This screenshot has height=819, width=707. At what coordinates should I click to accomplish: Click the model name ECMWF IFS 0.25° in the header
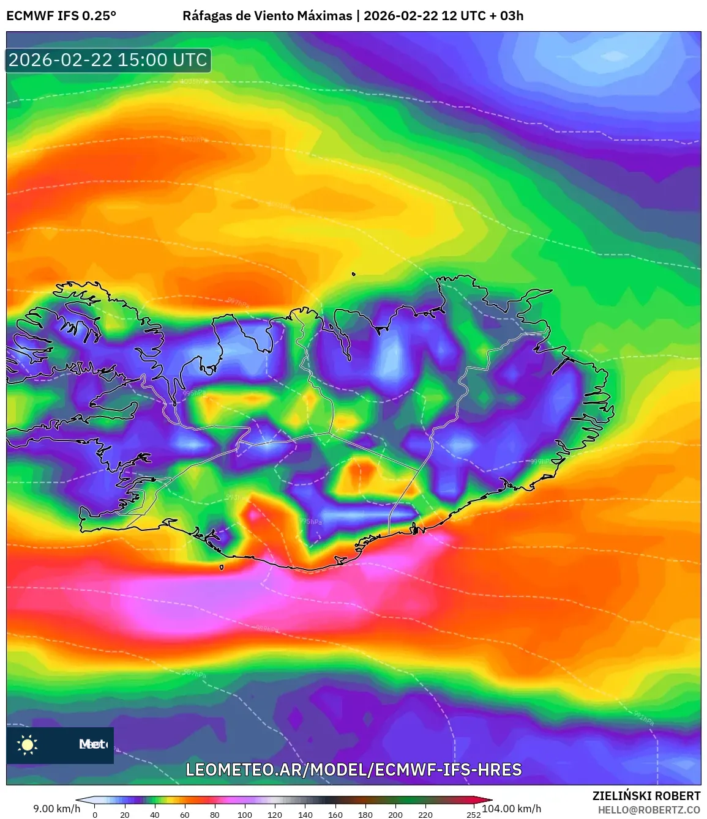point(61,16)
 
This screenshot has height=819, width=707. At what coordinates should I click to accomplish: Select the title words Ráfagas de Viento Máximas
point(267,16)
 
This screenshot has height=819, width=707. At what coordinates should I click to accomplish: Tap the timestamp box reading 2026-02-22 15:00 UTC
point(108,61)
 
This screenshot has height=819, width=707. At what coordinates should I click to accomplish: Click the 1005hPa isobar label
point(194,81)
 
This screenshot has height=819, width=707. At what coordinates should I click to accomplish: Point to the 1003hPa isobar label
point(194,139)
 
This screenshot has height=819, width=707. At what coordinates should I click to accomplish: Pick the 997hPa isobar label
point(238,302)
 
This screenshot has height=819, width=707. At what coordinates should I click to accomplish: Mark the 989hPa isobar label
point(267,629)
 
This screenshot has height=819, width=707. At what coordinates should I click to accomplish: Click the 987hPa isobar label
point(195,673)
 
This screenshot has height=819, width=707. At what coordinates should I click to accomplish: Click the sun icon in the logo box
point(28,744)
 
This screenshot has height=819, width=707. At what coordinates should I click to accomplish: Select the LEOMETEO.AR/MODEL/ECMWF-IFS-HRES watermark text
point(354,769)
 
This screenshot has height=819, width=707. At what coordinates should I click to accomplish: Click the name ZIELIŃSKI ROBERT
point(646,796)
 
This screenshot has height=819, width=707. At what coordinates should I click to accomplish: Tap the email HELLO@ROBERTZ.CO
point(649,810)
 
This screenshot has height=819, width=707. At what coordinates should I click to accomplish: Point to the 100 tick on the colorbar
point(245,814)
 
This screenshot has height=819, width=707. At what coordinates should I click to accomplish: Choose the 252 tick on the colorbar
point(473,814)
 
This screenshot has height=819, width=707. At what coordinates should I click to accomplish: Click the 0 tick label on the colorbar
point(95,814)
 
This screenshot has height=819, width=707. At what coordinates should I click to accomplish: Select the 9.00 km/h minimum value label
point(57,809)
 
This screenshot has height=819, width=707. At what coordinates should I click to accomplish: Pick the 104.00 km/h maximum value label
point(512,809)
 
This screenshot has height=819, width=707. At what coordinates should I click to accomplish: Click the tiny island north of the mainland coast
point(354,274)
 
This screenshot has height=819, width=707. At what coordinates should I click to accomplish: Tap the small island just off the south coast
point(222,568)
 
